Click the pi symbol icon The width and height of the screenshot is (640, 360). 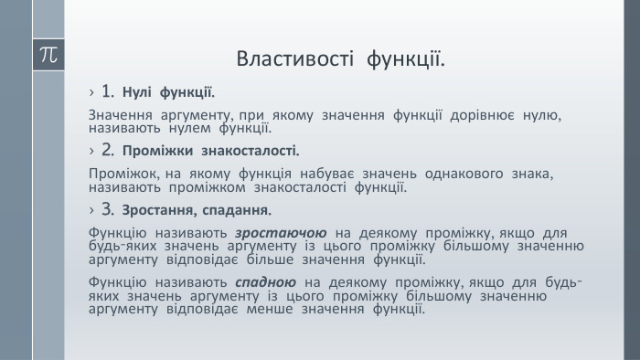pos(48,54)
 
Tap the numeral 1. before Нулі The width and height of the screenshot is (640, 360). pos(108,91)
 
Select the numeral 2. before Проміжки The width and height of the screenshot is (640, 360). pos(108,149)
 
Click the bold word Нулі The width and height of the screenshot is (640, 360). pos(137,92)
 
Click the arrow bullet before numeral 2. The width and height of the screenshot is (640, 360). pos(93,150)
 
